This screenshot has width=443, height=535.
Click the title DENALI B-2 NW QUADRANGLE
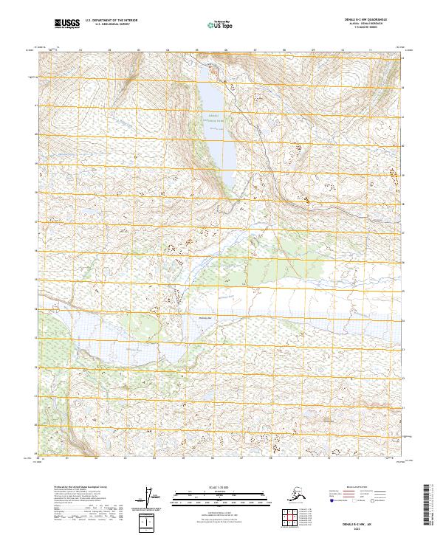point(364,21)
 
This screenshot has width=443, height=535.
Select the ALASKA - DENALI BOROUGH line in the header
point(364,25)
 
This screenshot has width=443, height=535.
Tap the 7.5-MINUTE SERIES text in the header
point(364,29)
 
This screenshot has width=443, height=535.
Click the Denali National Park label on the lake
point(213,119)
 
